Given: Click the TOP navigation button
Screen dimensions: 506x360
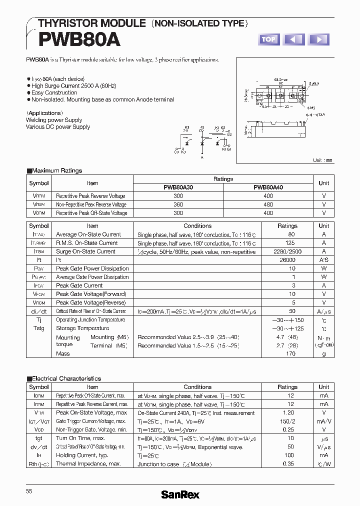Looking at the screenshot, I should click(x=268, y=39).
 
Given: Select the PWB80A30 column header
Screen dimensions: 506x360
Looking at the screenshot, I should click(x=178, y=187).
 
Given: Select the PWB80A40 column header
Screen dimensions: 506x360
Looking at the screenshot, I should click(x=268, y=187).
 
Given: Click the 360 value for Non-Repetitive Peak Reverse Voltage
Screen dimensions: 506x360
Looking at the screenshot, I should click(x=178, y=204).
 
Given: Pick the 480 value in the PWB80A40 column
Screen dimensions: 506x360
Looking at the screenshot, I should click(x=268, y=204).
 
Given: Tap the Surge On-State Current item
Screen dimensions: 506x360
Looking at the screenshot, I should click(x=85, y=251).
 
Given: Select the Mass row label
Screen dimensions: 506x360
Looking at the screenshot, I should click(x=63, y=353).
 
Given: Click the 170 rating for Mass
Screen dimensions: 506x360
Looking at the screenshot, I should click(x=290, y=353).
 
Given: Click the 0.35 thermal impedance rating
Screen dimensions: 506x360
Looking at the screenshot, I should click(x=287, y=464).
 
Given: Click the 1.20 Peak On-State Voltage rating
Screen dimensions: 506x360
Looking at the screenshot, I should click(x=287, y=413).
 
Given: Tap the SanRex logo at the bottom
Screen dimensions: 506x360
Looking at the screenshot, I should click(x=180, y=494).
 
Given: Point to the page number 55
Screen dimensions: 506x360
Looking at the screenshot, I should click(x=29, y=491).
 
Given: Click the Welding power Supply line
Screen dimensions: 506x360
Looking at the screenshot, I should click(x=54, y=120).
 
